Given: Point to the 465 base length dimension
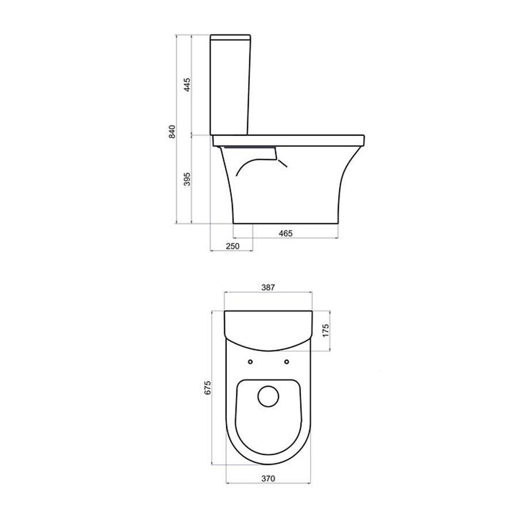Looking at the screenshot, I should [286, 233].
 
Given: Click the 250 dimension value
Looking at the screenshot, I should [232, 246].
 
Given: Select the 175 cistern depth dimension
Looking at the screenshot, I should [325, 333].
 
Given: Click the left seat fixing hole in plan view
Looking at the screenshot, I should [250, 361].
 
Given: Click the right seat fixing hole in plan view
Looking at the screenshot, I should [286, 361].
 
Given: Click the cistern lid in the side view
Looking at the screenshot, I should [231, 37].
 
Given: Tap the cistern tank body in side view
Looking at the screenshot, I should [231, 86].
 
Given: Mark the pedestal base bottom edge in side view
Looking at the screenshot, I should [285, 223].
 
